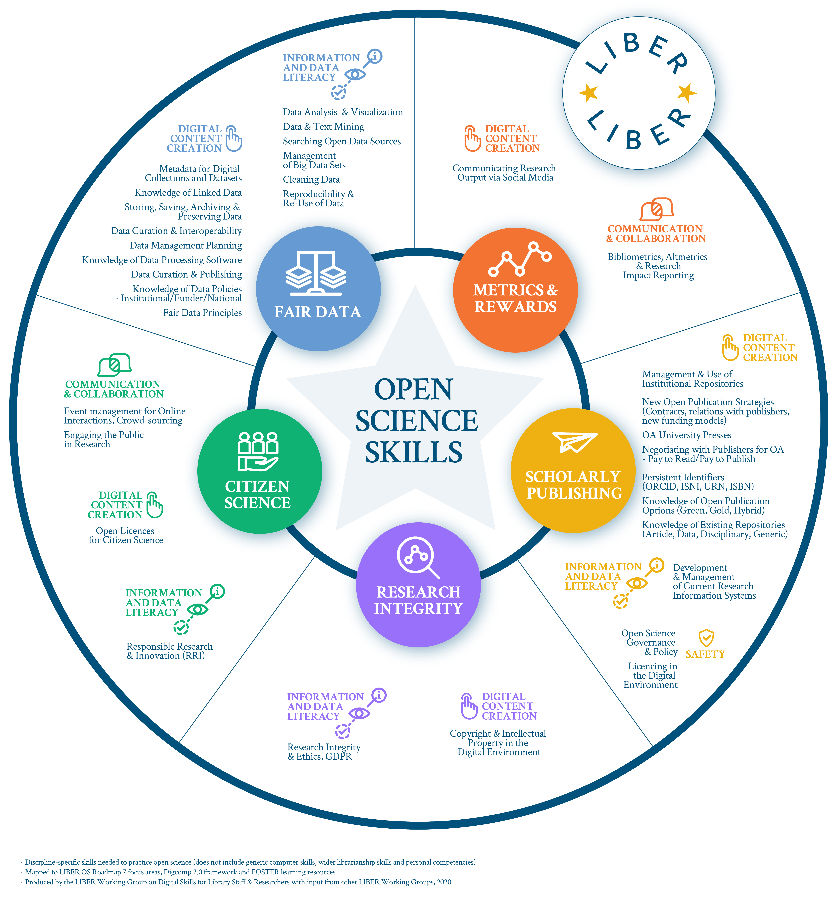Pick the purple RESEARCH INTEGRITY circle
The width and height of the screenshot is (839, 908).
pos(418,585)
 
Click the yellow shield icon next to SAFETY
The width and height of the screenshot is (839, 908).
pos(706,638)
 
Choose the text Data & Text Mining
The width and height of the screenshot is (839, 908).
pos(323,127)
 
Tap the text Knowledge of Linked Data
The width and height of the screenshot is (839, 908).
pos(188,193)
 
